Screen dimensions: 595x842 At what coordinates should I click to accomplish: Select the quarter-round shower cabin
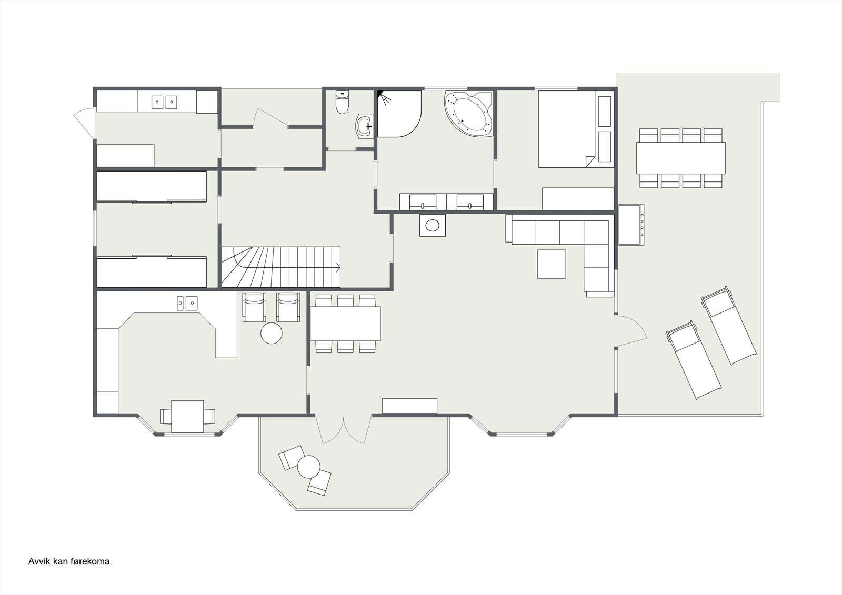[x=398, y=114]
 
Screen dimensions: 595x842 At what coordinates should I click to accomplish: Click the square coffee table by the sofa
[x=552, y=264]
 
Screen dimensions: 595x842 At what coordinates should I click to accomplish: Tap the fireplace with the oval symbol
[x=433, y=225]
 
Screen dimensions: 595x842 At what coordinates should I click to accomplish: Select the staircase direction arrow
[x=336, y=268]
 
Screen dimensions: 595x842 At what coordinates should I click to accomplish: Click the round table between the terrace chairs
[x=308, y=466]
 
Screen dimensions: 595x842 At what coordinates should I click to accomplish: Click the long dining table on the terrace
[x=680, y=158]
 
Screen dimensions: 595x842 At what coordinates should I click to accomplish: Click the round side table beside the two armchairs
[x=272, y=333]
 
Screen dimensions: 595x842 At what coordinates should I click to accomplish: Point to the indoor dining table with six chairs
[x=345, y=324]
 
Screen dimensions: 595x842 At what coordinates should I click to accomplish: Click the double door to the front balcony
[x=344, y=429]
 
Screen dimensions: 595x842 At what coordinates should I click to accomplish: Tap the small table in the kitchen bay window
[x=187, y=416]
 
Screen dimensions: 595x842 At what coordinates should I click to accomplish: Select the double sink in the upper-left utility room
[x=164, y=102]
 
